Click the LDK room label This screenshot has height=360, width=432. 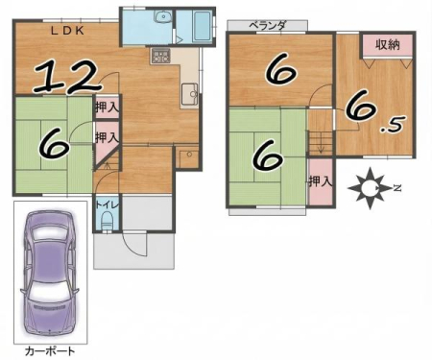pyautogui.click(x=68, y=31)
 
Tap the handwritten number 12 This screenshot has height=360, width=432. pyautogui.click(x=68, y=77)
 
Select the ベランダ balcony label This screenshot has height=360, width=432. pyautogui.click(x=267, y=26)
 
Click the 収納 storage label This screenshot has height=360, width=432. pyautogui.click(x=387, y=45)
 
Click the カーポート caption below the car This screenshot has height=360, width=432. pyautogui.click(x=50, y=351)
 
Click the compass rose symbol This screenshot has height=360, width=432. pyautogui.click(x=370, y=188)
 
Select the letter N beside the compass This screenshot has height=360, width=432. pyautogui.click(x=397, y=188)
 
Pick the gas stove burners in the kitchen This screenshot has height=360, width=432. pyautogui.click(x=160, y=57)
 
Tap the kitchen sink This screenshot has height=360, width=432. pyautogui.click(x=190, y=94)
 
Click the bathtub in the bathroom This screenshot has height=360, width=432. pyautogui.click(x=202, y=27)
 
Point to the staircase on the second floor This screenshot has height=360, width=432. pyautogui.click(x=321, y=143)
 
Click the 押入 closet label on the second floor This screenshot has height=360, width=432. pyautogui.click(x=321, y=181)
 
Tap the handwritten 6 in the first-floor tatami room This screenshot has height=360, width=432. pyautogui.click(x=54, y=146)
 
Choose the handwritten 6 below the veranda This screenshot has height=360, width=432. pyautogui.click(x=280, y=72)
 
